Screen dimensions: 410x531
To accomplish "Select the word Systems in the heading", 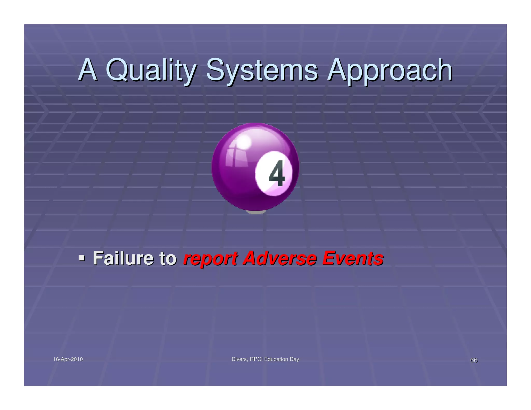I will [x=262, y=70].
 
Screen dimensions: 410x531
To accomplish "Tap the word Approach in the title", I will [x=390, y=70].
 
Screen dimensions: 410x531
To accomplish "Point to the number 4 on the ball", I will [x=277, y=173].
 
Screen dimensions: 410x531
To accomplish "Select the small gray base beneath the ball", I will [x=255, y=212].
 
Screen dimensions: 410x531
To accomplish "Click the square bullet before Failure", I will [x=82, y=258].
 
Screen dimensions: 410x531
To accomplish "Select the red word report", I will [x=210, y=259].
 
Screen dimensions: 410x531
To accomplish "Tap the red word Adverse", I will [x=280, y=258].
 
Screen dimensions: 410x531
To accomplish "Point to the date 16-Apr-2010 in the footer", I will [x=68, y=359].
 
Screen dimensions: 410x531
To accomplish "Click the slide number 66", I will [x=474, y=360].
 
